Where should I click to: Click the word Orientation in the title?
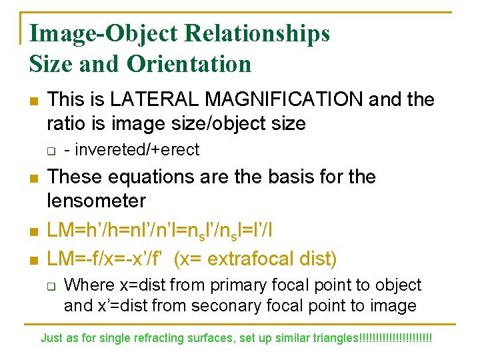(190, 63)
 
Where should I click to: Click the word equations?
(149, 177)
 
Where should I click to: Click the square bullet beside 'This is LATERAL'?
(34, 101)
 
